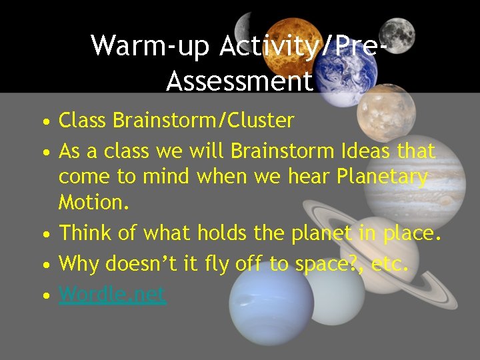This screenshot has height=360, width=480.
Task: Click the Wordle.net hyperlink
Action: point(112,294)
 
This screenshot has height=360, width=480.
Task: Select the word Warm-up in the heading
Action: point(150,45)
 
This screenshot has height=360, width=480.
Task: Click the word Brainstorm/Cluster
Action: point(203,121)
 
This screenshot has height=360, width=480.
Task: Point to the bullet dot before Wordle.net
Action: point(45,295)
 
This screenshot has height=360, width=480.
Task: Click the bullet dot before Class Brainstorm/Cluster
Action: point(45,122)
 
